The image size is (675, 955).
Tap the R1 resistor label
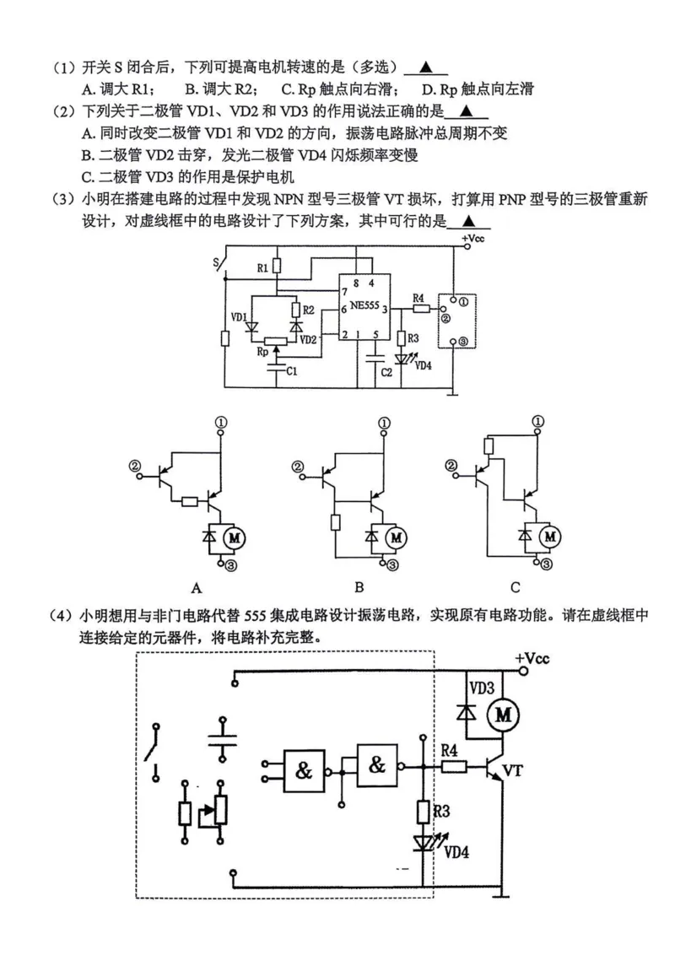click(x=262, y=267)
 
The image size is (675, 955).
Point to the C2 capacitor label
click(x=384, y=371)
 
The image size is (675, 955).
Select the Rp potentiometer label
click(x=264, y=351)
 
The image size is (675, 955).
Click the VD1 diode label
click(x=238, y=318)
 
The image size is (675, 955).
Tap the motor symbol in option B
click(x=395, y=535)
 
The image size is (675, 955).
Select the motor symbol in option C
click(x=550, y=535)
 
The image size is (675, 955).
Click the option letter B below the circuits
click(x=359, y=587)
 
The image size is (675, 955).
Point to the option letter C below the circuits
click(x=515, y=587)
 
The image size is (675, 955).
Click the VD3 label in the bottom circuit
click(x=482, y=687)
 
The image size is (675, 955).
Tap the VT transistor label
click(x=515, y=770)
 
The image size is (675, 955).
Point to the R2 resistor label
click(x=308, y=310)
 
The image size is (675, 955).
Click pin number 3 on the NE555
click(x=385, y=310)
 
